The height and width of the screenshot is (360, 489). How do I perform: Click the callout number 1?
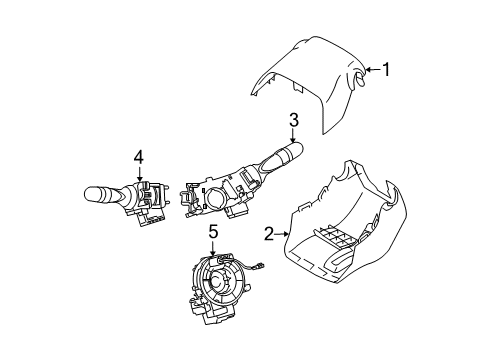click(388, 69)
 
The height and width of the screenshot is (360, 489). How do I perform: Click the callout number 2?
click(269, 234)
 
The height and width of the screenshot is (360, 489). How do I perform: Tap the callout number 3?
click(294, 122)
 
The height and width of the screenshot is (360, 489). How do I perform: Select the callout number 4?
click(140, 155)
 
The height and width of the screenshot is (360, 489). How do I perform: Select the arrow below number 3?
click(294, 139)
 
